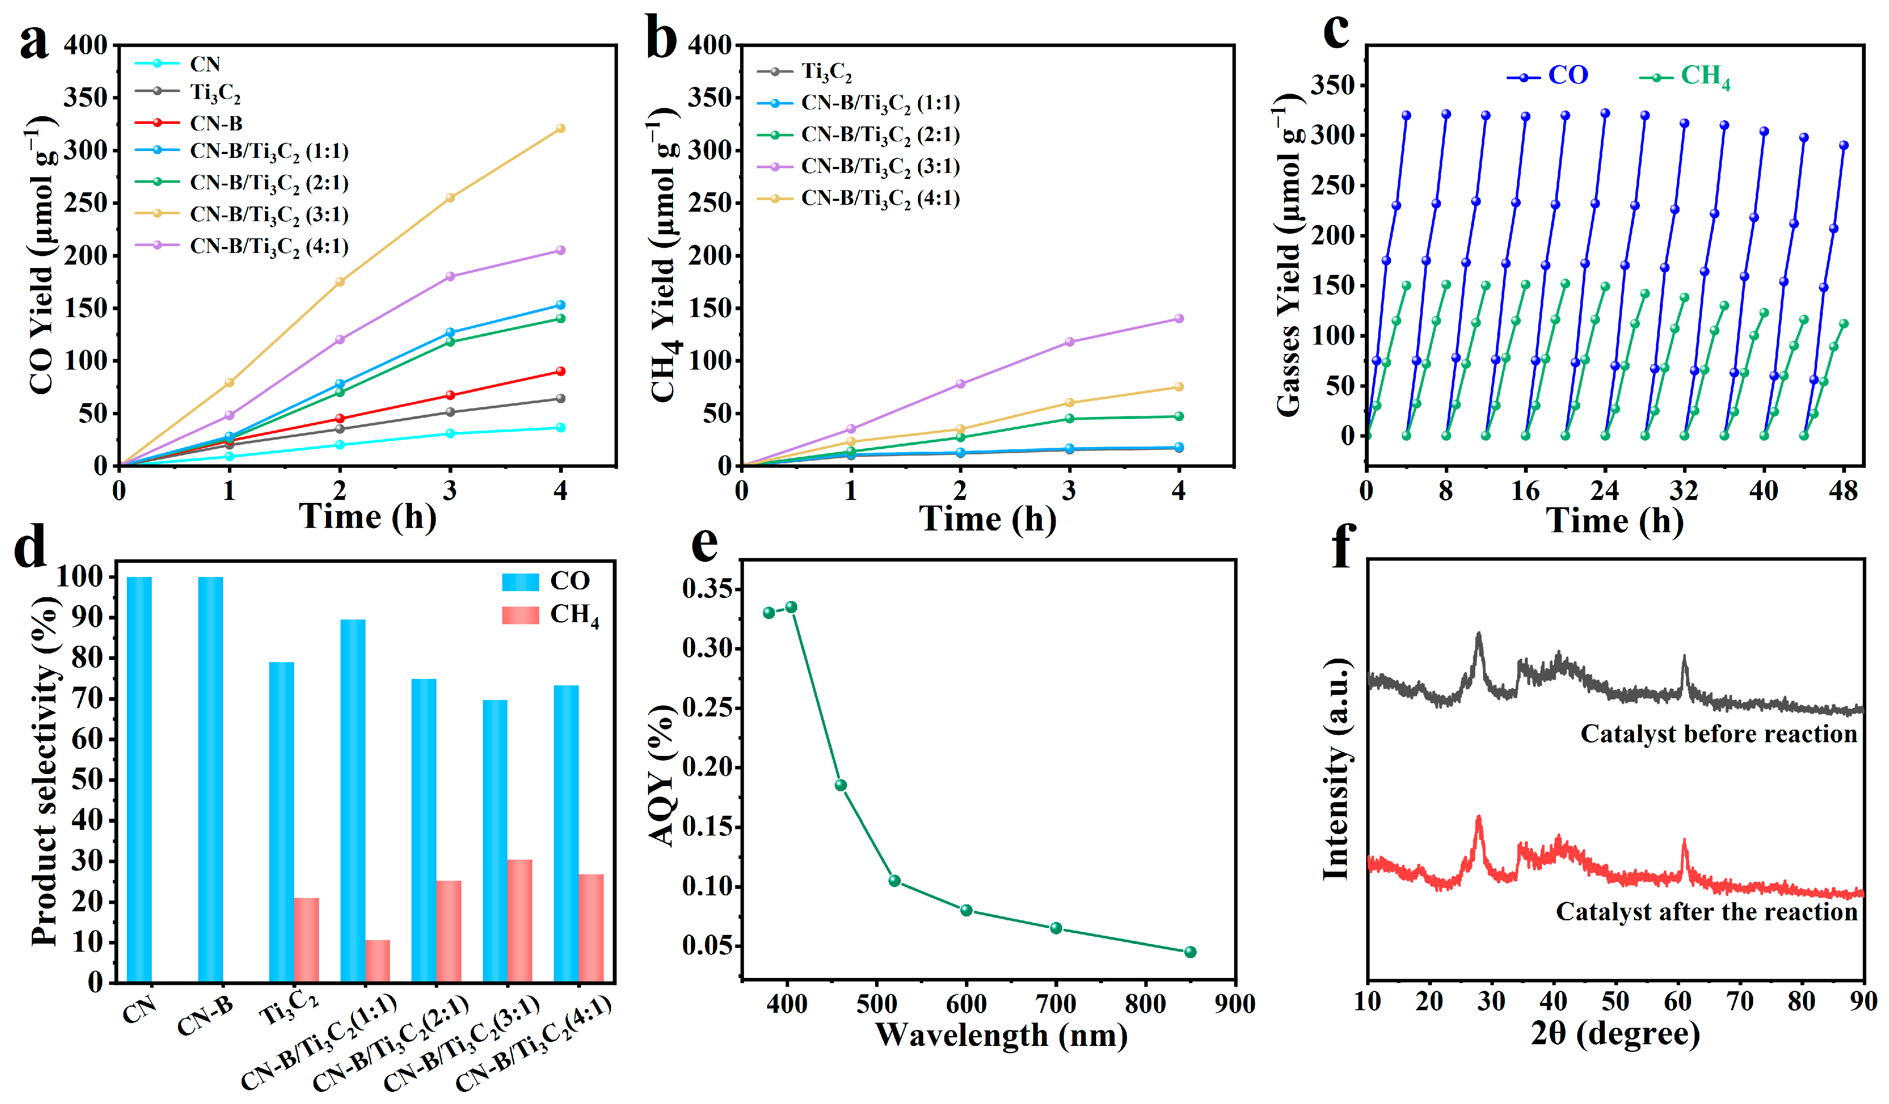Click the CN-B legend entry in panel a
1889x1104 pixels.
216,123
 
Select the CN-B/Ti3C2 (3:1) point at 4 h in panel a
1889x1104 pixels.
560,128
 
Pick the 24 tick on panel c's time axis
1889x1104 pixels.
1604,491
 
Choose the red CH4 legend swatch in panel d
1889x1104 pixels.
520,615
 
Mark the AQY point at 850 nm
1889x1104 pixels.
1190,952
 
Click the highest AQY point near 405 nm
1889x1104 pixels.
791,607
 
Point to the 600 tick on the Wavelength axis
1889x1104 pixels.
966,1003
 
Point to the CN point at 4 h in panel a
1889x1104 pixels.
560,428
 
